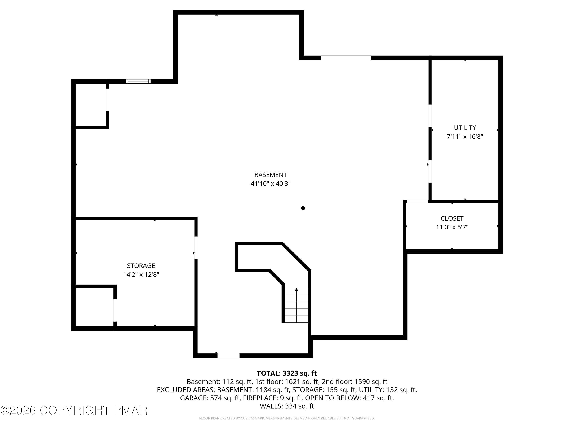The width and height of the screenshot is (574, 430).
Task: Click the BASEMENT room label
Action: tap(270, 175)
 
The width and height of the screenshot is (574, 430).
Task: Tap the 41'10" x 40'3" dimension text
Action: tap(270, 183)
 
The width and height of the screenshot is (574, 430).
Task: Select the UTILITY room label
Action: tap(465, 127)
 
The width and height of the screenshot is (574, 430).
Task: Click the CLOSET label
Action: tap(452, 218)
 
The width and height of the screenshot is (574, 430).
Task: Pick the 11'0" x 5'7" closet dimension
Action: tap(452, 227)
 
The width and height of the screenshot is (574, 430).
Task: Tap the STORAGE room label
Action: tap(141, 265)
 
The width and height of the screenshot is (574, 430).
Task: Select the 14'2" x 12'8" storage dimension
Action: tap(141, 274)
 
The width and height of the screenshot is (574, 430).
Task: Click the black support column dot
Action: tap(303, 208)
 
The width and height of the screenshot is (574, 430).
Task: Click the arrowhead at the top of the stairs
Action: tap(296, 290)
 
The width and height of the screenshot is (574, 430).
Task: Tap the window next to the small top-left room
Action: tap(138, 81)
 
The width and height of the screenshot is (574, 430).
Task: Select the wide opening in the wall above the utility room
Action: tap(346, 58)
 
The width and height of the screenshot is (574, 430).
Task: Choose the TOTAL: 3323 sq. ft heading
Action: tap(287, 373)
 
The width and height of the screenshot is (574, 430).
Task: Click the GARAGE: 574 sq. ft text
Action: tap(210, 398)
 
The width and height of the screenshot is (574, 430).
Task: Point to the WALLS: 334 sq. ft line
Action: tap(287, 406)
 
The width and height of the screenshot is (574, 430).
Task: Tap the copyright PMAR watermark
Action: tap(74, 410)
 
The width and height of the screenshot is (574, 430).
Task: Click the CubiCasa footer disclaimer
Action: tap(287, 418)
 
